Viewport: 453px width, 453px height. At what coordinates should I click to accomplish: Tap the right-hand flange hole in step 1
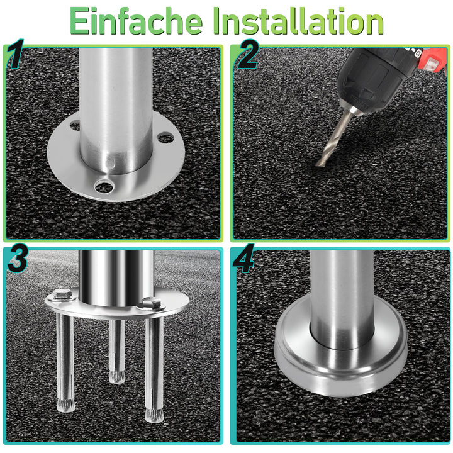pos(165,137)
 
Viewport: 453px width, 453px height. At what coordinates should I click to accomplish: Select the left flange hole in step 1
pos(75,126)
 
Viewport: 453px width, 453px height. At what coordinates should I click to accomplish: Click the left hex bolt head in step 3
pos(62,294)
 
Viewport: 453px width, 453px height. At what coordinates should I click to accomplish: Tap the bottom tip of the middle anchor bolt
pos(116,377)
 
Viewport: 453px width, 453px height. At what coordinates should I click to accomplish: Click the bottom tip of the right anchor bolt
pos(152,415)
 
